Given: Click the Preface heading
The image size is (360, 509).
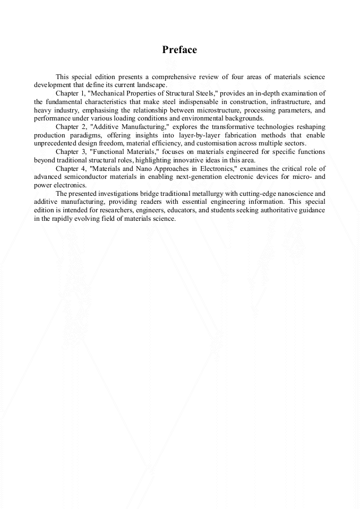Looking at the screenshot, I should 179,50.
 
